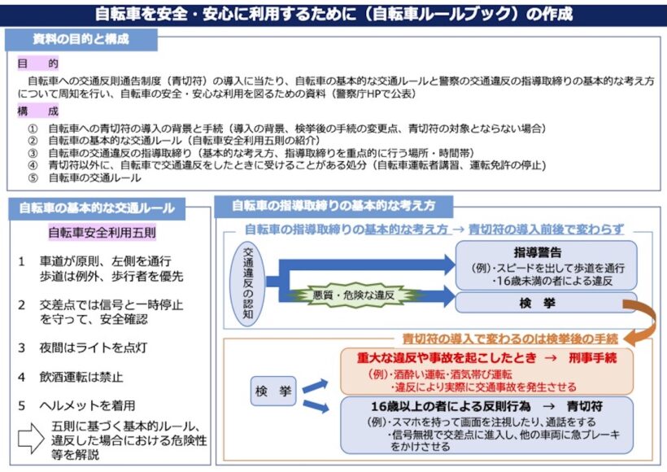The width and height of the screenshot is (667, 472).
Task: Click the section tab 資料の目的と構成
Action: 81,40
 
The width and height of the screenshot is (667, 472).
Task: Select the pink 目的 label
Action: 38,63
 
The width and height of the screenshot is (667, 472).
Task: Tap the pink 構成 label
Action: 38,111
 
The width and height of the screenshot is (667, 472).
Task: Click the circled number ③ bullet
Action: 33,153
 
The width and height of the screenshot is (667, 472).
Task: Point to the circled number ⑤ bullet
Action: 33,178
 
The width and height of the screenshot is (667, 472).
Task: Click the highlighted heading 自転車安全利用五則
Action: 102,233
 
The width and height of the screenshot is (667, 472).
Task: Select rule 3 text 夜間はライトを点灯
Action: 94,347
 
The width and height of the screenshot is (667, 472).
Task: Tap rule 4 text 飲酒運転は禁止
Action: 81,377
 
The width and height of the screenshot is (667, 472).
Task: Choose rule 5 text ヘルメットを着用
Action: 87,405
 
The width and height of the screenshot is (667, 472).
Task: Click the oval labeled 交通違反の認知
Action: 247,284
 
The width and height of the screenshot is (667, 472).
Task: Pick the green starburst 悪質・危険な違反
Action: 354,295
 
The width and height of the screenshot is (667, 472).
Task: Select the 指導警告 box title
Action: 538,252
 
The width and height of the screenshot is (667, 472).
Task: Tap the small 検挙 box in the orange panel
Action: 273,391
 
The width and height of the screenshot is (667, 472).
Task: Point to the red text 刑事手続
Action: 592,358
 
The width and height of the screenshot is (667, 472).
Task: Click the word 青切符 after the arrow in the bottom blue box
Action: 585,406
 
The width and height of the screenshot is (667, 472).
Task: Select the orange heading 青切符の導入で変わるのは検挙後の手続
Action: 510,339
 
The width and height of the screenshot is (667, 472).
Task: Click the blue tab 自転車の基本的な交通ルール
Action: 97,208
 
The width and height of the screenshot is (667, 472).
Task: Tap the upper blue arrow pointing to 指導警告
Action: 367,264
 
